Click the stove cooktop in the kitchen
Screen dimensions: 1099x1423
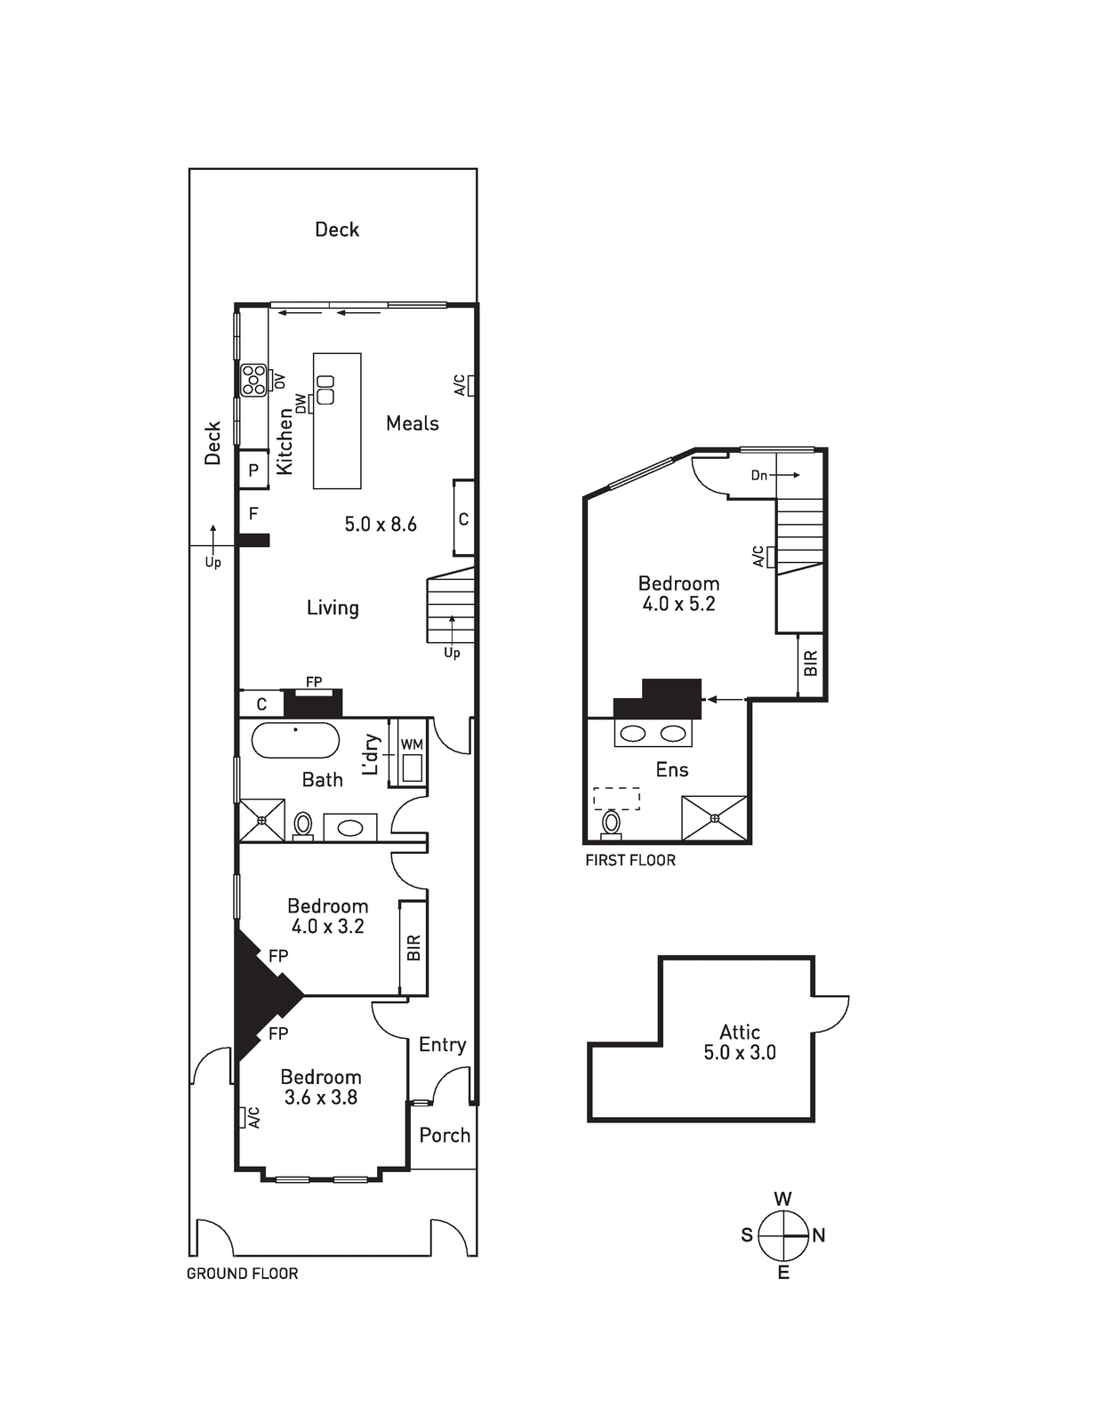click(253, 380)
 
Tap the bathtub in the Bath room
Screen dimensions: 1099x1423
click(295, 740)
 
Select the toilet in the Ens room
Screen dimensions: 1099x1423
click(612, 824)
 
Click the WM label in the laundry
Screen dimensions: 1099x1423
click(412, 744)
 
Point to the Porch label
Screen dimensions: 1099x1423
click(445, 1135)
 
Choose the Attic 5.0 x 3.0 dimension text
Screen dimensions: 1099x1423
click(740, 1052)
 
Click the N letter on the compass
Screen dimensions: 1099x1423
click(818, 1235)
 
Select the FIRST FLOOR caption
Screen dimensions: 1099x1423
click(630, 860)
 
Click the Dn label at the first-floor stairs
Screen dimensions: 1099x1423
click(759, 476)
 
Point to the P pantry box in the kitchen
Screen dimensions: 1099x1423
click(253, 470)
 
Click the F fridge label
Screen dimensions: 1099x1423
click(253, 513)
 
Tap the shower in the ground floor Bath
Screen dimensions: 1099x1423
click(261, 819)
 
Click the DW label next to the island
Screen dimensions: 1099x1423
click(301, 404)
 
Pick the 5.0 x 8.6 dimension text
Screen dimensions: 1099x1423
click(381, 524)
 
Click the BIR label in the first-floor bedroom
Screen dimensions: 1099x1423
click(811, 663)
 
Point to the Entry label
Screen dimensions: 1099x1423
click(443, 1044)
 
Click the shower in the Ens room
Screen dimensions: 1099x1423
click(714, 818)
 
